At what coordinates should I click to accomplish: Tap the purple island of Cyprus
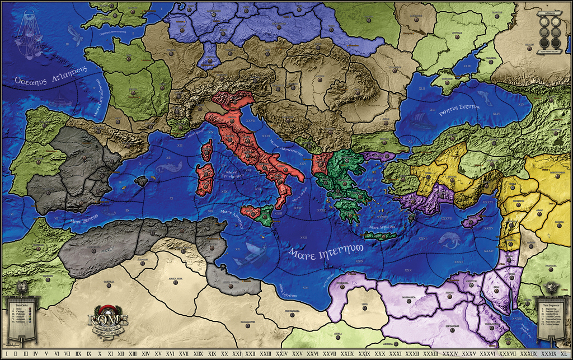pyautogui.click(x=473, y=218)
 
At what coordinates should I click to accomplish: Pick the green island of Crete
pyautogui.click(x=379, y=236)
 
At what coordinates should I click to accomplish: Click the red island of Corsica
pyautogui.click(x=206, y=150)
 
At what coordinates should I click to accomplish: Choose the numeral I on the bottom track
pyautogui.click(x=7, y=354)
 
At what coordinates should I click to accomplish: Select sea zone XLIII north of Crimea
pyautogui.click(x=467, y=66)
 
